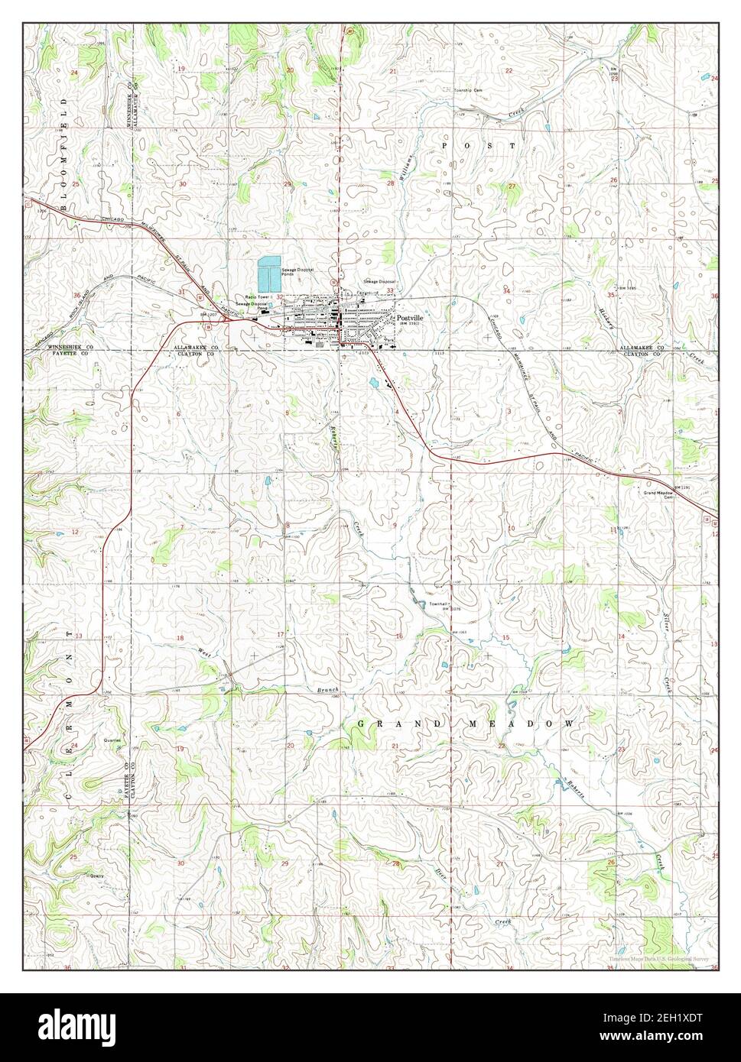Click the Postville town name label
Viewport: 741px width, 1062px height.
click(410, 316)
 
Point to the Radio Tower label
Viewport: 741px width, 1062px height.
click(257, 296)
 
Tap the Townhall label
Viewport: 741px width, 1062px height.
click(437, 604)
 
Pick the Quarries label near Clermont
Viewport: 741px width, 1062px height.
click(112, 740)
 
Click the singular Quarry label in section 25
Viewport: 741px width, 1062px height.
click(96, 876)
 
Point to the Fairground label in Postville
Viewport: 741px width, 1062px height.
click(366, 293)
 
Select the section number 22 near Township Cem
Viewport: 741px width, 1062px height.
click(508, 70)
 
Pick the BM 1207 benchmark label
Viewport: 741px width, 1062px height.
click(204, 314)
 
